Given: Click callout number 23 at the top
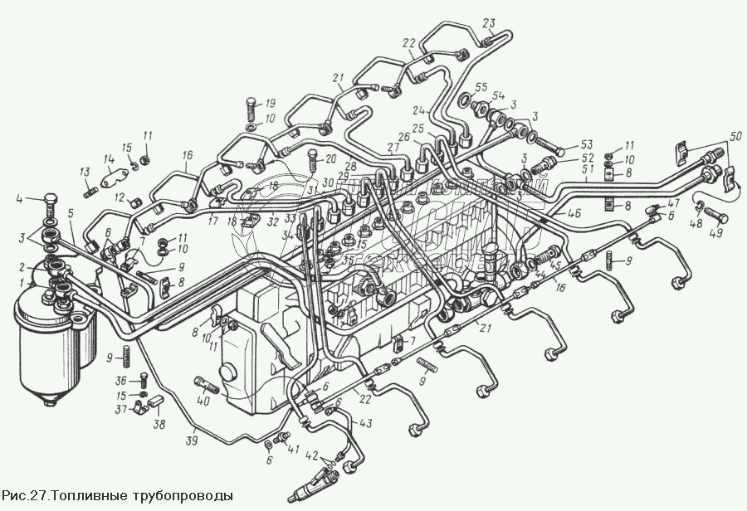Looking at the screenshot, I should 487,22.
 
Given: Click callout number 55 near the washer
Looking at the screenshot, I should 481,87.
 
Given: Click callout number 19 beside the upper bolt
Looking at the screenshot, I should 270,104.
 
